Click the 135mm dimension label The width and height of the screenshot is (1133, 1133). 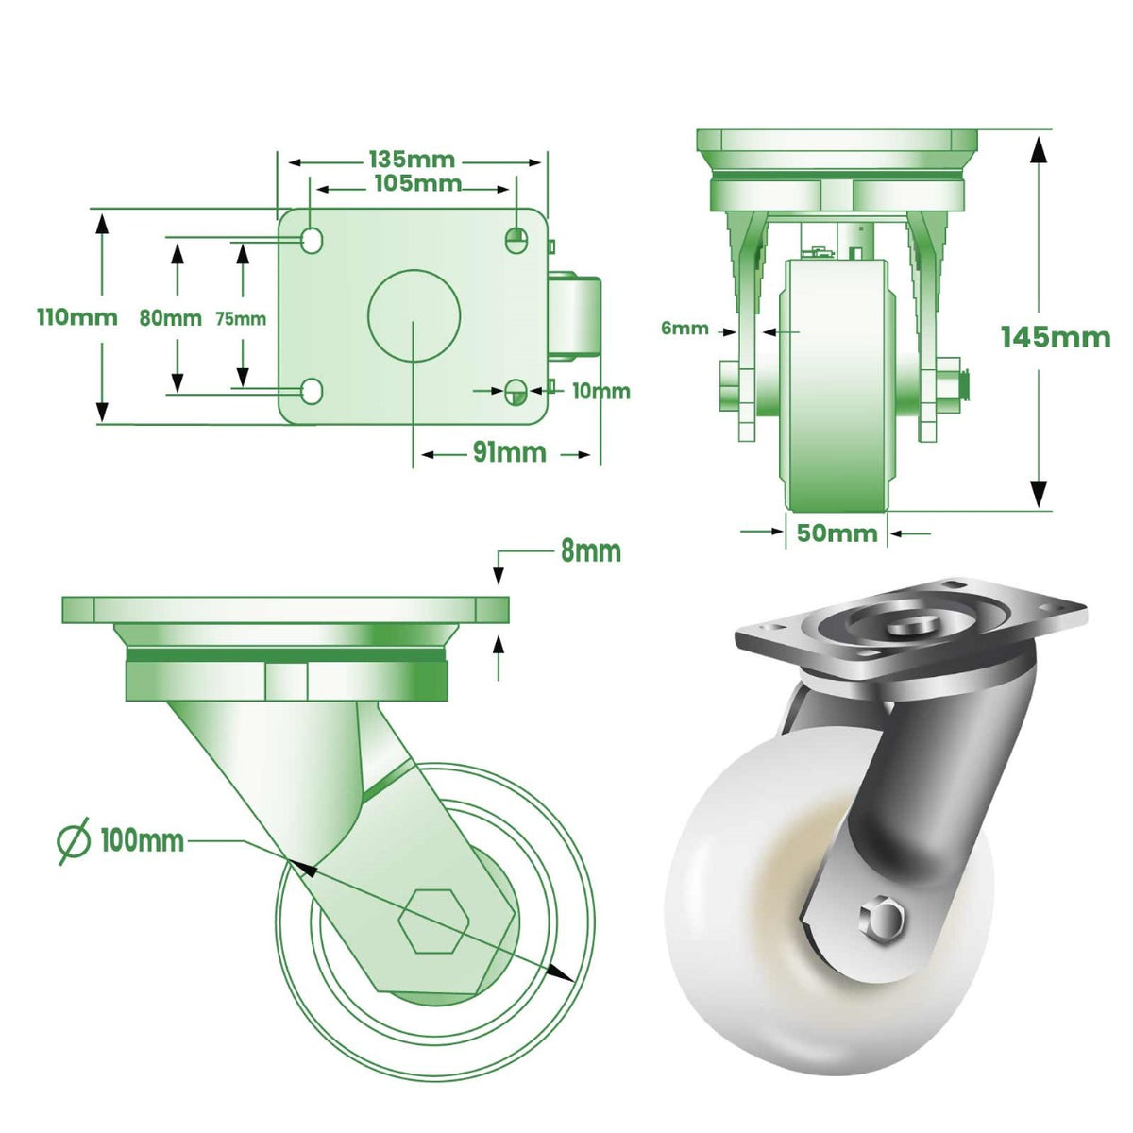(x=411, y=160)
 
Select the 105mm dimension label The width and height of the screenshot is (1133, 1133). (x=417, y=183)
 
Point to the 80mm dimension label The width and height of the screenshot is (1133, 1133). (x=170, y=318)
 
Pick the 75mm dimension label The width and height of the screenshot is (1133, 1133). (x=241, y=318)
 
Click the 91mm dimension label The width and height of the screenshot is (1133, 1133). (x=509, y=453)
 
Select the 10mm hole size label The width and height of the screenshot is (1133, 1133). (x=600, y=391)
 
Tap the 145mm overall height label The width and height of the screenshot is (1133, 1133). (x=1056, y=337)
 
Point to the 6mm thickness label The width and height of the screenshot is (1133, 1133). (x=685, y=329)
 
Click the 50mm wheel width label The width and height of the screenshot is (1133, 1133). (x=837, y=533)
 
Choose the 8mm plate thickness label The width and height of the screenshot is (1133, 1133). (x=591, y=550)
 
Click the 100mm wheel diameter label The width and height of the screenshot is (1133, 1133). (x=142, y=839)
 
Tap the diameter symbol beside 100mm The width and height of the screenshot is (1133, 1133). (x=74, y=839)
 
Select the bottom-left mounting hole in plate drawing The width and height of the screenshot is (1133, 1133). (x=311, y=390)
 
